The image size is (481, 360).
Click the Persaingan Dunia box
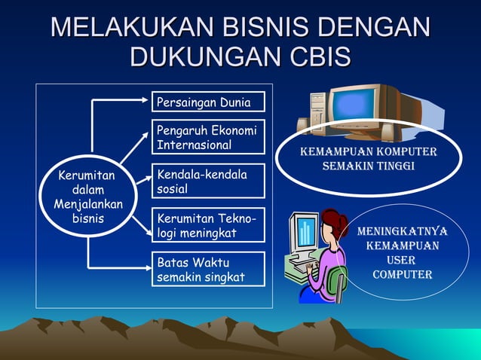[208, 102]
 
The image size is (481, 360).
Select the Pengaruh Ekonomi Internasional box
[208, 136]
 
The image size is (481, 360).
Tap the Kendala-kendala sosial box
[208, 181]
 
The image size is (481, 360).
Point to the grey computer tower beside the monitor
[317, 113]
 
